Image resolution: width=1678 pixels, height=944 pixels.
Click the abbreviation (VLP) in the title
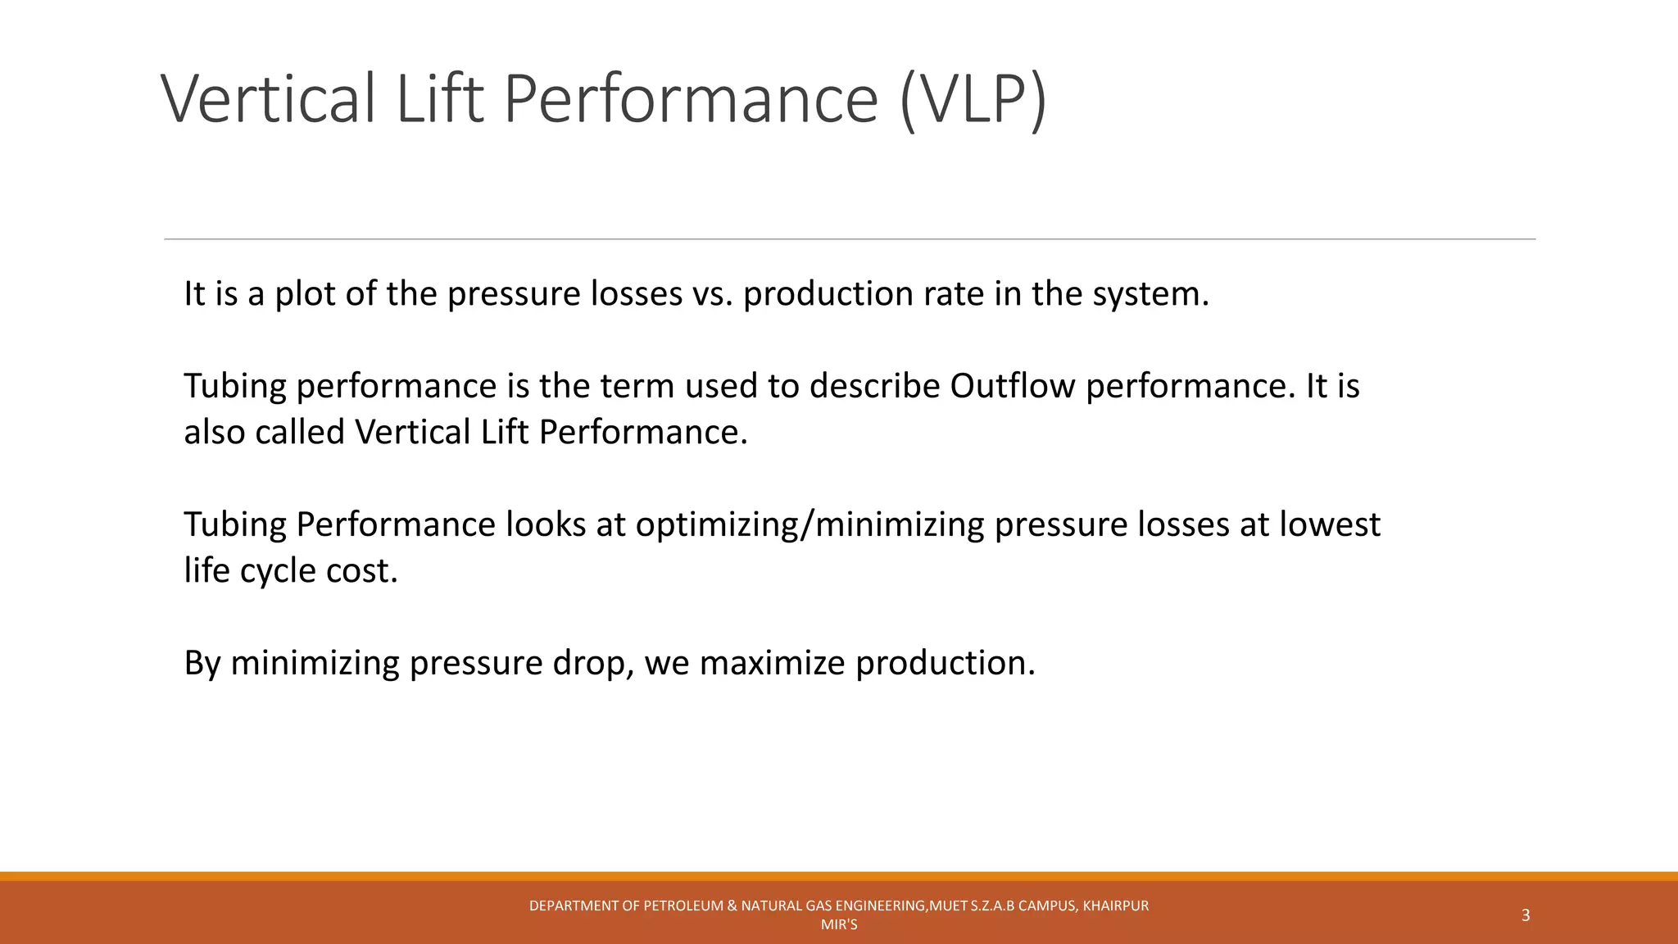[973, 99]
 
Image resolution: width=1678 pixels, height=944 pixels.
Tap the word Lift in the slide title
[441, 99]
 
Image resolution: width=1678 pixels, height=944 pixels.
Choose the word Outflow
[1013, 386]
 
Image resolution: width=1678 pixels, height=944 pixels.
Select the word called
[300, 432]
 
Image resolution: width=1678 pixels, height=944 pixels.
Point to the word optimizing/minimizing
[810, 524]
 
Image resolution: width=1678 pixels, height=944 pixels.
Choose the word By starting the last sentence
[202, 663]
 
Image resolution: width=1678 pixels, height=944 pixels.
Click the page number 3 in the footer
[1526, 915]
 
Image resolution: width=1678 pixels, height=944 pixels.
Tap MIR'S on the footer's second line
[839, 925]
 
